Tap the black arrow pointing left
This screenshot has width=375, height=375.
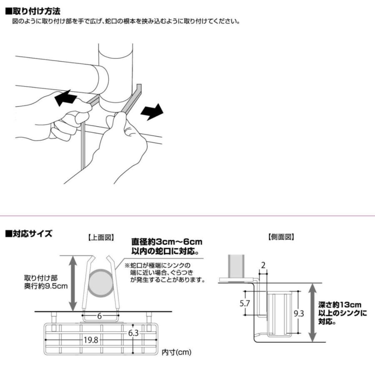[x=65, y=99]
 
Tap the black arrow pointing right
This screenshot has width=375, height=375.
[x=152, y=112]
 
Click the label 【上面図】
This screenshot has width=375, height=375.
[x=100, y=237]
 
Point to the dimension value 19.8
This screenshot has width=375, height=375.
[x=90, y=340]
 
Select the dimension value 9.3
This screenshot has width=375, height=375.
[x=298, y=313]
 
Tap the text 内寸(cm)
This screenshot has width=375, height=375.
[x=176, y=352]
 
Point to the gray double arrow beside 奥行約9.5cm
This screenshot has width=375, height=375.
[x=72, y=283]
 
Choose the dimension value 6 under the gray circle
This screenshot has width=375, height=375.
[x=99, y=316]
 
